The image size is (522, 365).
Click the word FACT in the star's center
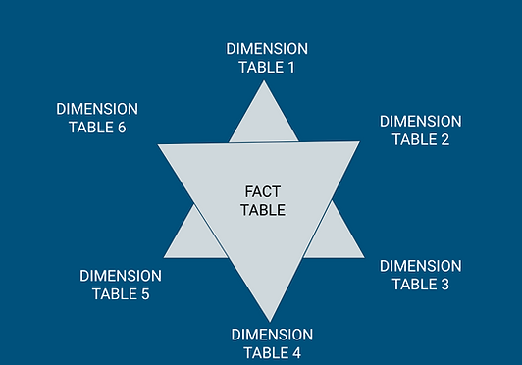pos(263,191)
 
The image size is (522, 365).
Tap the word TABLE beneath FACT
pos(263,210)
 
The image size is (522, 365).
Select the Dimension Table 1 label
pos(267,58)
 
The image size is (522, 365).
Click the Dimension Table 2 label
pos(420,130)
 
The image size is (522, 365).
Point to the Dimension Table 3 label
pos(420,275)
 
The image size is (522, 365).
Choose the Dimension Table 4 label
pos(272,343)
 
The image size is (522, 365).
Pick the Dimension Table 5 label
pos(121,285)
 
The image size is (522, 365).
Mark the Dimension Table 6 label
pos(97,118)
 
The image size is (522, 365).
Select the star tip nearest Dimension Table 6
pos(162,147)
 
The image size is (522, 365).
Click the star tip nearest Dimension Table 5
pos(167,255)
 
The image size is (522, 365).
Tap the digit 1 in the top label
pos(290,68)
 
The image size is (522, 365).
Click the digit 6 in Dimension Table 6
pos(121,128)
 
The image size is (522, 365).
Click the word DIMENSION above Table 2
pos(420,121)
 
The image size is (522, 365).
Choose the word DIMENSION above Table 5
pos(121,276)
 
